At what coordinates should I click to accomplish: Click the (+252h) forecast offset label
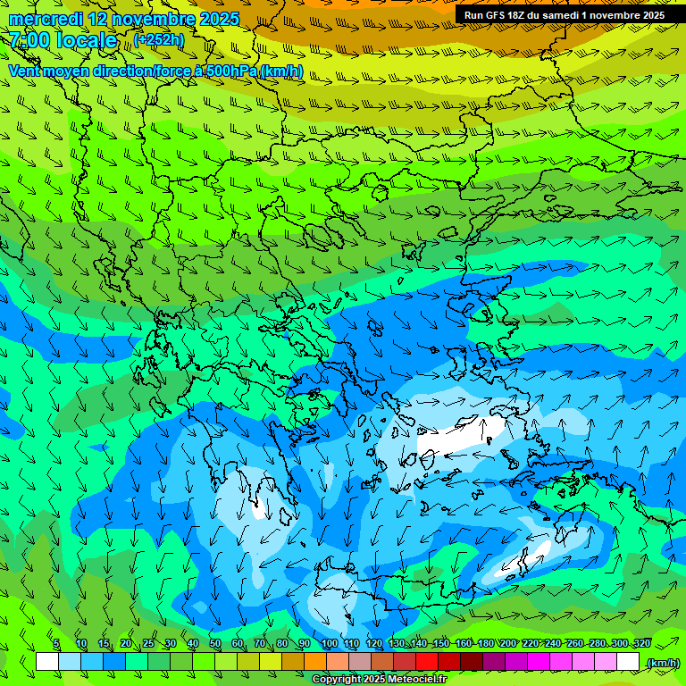[x=160, y=39]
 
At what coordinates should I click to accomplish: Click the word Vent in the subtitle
[x=26, y=71]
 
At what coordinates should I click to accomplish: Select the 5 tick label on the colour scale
[x=56, y=644]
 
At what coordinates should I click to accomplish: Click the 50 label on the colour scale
[x=215, y=644]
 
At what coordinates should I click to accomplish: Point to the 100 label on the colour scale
[x=329, y=644]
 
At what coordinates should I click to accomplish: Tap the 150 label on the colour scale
[x=440, y=644]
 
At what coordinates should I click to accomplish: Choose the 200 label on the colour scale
[x=508, y=644]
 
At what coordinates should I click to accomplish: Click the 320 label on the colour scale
[x=641, y=644]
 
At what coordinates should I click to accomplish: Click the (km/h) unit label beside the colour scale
[x=662, y=662]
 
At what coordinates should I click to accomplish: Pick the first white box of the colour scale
[x=47, y=661]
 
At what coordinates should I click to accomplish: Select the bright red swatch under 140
[x=427, y=661]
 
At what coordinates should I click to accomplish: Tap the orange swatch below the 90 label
[x=315, y=661]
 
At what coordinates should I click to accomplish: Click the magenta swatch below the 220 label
[x=539, y=661]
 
